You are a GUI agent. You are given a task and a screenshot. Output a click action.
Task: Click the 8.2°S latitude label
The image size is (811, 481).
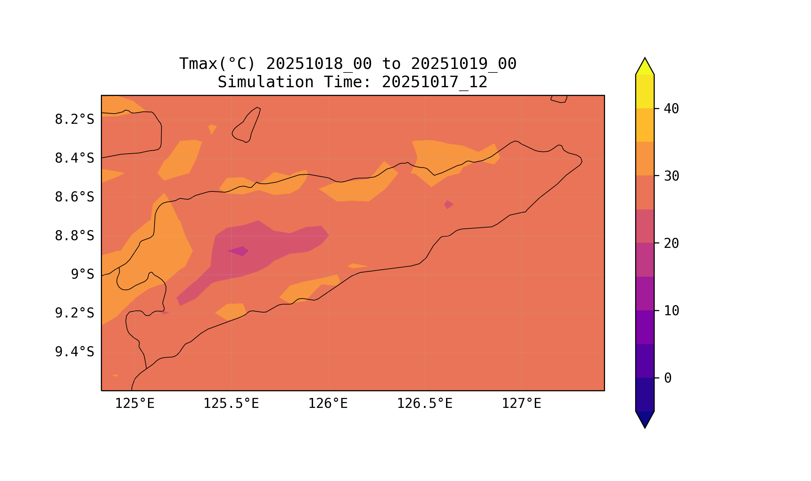pos(74,120)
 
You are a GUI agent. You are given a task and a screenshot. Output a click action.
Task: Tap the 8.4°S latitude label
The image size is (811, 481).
pos(74,158)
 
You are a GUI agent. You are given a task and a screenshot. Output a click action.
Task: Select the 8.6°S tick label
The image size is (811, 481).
pos(74,197)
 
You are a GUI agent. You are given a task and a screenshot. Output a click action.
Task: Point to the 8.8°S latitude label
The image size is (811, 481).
pos(74,236)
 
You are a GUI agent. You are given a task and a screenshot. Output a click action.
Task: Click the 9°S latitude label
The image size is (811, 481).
pos(82,274)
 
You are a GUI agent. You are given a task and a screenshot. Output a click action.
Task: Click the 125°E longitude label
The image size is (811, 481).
pos(135,404)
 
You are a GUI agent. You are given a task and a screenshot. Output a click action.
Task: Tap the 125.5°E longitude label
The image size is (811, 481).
pos(231,404)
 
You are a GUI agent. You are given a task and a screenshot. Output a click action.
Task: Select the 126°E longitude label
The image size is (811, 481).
pos(328,404)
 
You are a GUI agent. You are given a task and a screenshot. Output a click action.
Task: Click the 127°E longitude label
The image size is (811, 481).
pos(521,404)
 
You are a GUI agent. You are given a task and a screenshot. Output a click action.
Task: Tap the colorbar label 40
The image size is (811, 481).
pos(671,109)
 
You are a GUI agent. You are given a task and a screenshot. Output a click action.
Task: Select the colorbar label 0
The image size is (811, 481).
pos(668,378)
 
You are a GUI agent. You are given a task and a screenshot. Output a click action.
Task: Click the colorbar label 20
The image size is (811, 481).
pos(671,244)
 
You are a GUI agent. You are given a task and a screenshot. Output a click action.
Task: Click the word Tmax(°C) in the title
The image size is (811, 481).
pos(217,64)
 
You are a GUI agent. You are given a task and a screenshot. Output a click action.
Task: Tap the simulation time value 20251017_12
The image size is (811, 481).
pos(434,82)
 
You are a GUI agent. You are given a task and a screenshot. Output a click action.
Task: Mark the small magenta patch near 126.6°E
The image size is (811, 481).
pos(449,205)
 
